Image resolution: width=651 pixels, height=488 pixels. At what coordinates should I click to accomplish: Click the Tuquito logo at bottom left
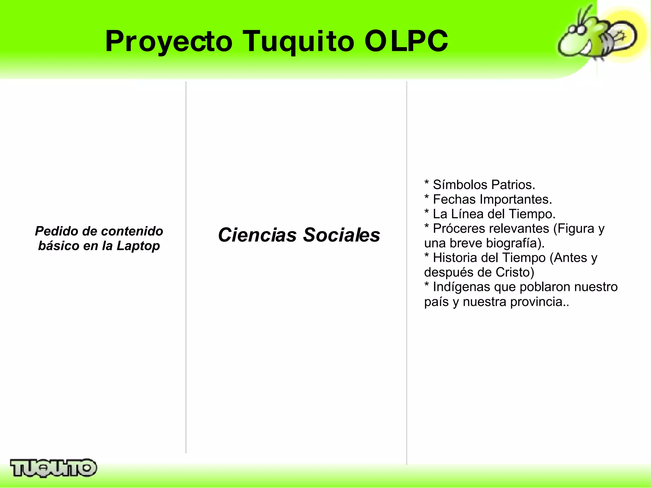pos(53,468)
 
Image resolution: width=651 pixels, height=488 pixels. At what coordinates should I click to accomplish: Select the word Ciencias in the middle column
pos(257,235)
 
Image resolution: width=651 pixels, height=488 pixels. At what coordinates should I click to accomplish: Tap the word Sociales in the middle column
pos(341,235)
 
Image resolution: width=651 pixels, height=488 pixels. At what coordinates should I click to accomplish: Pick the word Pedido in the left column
pos(57,231)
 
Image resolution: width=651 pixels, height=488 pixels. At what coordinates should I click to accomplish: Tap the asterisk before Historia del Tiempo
pos(427,256)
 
